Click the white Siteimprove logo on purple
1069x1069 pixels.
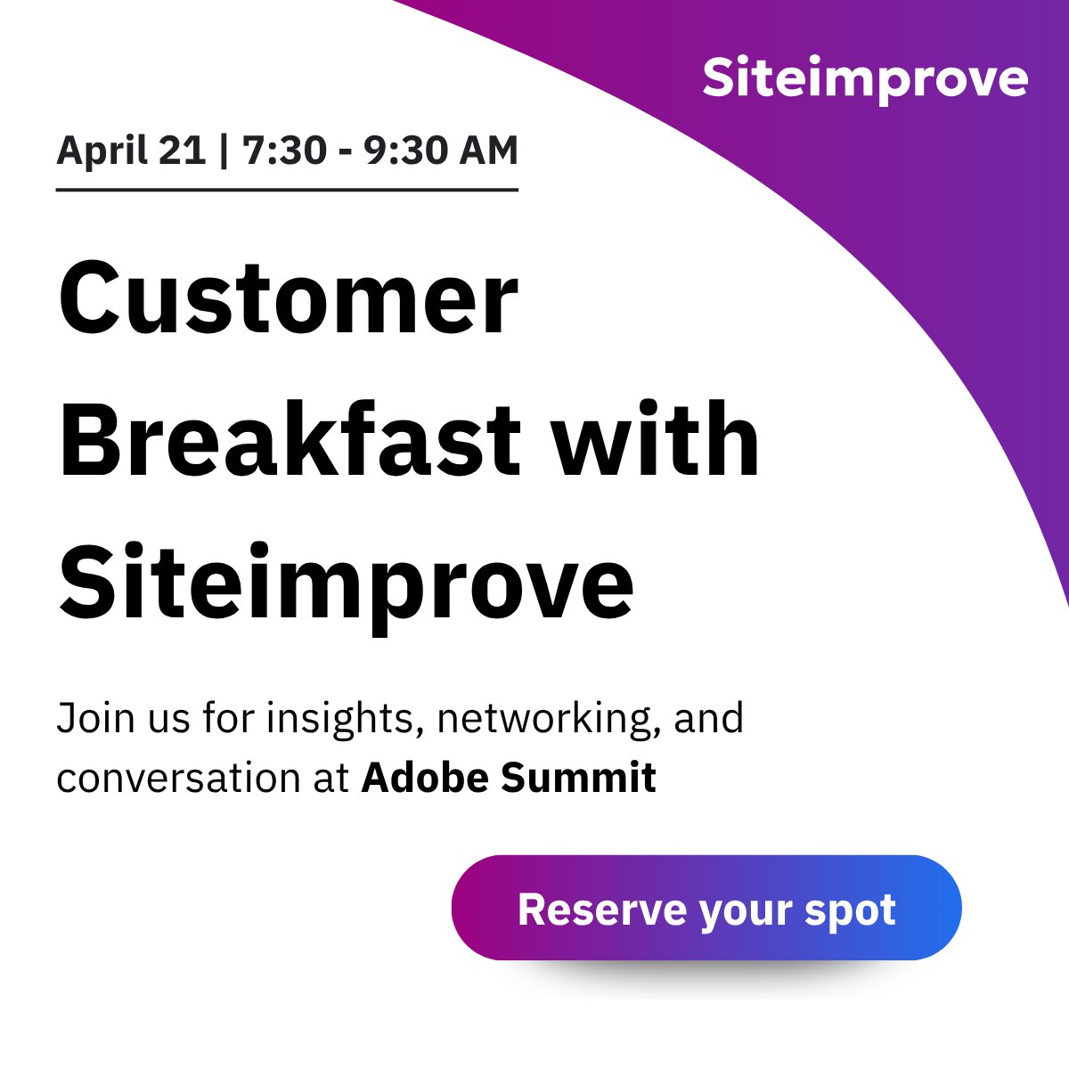click(x=865, y=79)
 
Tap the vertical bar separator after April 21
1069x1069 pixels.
click(x=223, y=150)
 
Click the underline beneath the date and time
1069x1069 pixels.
click(x=287, y=190)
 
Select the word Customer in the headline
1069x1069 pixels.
click(x=288, y=297)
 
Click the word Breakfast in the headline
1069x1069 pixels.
click(x=290, y=440)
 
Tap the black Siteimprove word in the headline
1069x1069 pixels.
click(x=346, y=583)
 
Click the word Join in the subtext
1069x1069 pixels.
click(x=87, y=717)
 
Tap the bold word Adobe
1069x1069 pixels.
click(x=425, y=777)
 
